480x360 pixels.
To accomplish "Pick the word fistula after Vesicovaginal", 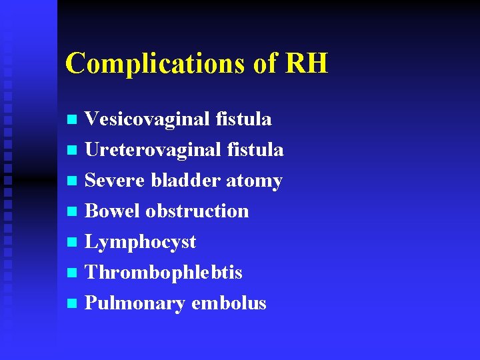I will pos(244,119).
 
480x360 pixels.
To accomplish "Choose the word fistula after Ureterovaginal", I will pos(256,150).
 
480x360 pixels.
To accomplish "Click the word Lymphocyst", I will pos(141,242).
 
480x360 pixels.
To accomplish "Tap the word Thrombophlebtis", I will pos(164,273).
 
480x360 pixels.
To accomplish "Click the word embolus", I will pos(229,303).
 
